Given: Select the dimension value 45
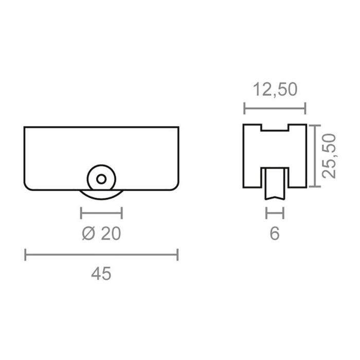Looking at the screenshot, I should click(x=101, y=274).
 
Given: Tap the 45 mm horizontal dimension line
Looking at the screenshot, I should click(x=101, y=254).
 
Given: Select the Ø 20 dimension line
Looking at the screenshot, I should click(x=101, y=212).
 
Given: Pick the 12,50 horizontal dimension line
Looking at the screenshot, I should click(x=275, y=109).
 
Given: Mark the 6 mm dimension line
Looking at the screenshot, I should click(x=275, y=212).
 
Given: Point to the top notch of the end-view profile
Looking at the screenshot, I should click(x=275, y=128).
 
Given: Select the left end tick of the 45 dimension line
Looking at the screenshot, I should click(x=26, y=254).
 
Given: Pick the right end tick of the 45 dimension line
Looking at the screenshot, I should click(x=177, y=254).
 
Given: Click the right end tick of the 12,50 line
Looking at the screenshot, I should click(x=305, y=109).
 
